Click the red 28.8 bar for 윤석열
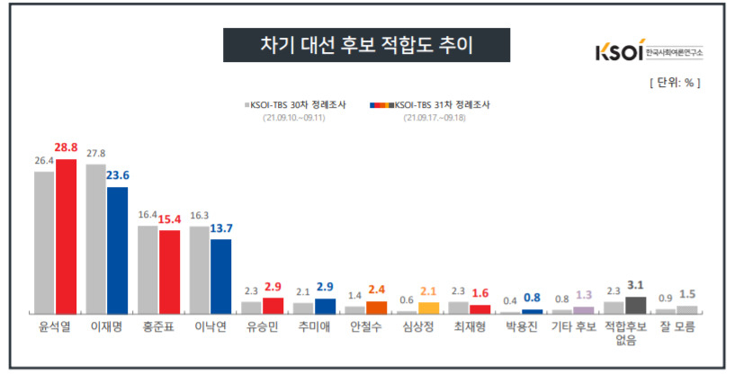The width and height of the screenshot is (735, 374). pos(67,236)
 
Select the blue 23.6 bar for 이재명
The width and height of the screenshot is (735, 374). pos(118,249)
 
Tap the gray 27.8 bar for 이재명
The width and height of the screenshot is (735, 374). pos(96,237)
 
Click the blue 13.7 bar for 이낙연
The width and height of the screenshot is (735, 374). pos(221,276)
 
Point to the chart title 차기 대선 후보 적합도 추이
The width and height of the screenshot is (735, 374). pos(366,44)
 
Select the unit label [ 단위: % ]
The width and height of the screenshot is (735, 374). pos(674,83)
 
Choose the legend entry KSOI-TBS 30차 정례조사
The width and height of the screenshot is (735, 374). pos(297,105)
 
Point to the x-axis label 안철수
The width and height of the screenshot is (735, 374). pos(366,327)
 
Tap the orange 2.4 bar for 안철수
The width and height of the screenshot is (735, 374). pos(376,307)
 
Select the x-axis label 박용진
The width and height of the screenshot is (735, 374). pos(522,327)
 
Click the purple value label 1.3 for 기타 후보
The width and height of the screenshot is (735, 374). pos(583,296)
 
